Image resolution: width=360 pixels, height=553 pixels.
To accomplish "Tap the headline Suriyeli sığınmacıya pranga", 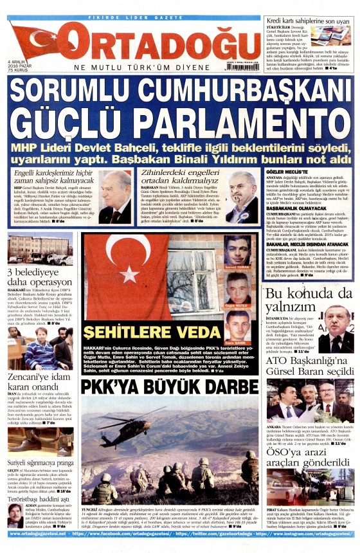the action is coord(40,462).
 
